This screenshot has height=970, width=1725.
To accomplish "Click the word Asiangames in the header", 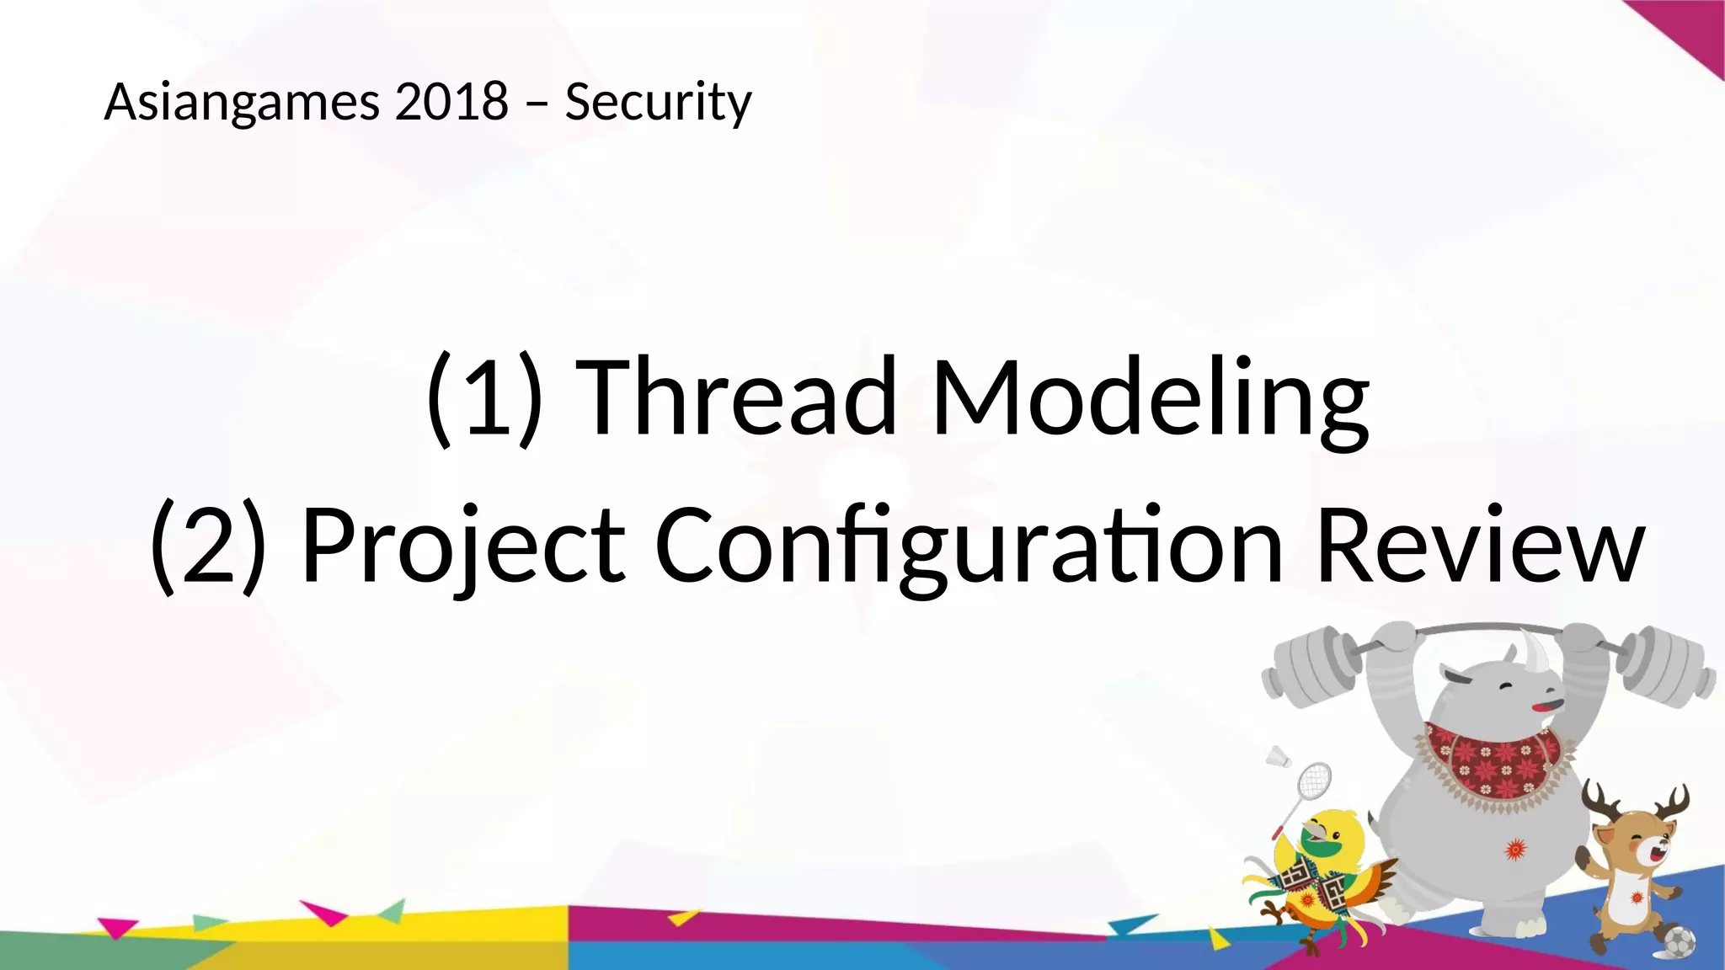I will [x=243, y=103].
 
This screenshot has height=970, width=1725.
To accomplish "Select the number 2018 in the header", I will [x=451, y=101].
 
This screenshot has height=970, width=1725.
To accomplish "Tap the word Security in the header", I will [x=658, y=103].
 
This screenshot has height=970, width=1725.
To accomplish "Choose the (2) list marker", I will [x=208, y=546].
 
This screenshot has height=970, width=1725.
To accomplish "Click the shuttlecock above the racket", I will [x=1279, y=756].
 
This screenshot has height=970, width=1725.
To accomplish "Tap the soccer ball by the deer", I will [x=1679, y=941].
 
